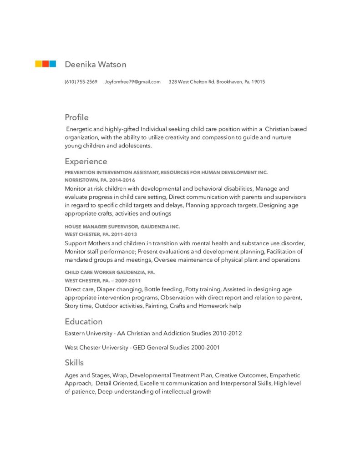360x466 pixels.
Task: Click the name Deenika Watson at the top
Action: click(95, 65)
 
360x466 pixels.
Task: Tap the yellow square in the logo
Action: click(39, 64)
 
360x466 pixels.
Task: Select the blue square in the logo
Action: click(53, 64)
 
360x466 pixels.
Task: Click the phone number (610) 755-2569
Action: click(81, 82)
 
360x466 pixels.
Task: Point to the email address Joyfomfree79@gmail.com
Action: click(132, 82)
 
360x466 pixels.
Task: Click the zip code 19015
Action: click(258, 82)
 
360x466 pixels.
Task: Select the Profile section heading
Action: click(76, 117)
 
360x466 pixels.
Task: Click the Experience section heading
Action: click(86, 162)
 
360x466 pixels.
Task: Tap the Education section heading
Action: click(83, 321)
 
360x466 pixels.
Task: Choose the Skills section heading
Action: click(74, 363)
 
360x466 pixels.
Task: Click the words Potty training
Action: click(203, 289)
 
